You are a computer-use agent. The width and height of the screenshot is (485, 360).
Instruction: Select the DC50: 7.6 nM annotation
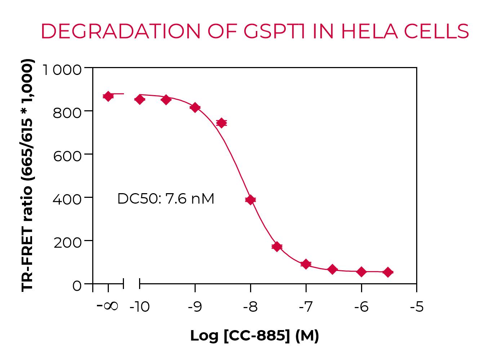pyautogui.click(x=166, y=199)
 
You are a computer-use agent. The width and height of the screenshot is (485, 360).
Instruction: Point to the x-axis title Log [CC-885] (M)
pyautogui.click(x=254, y=335)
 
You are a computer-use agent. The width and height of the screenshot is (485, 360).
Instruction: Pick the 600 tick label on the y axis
pyautogui.click(x=67, y=156)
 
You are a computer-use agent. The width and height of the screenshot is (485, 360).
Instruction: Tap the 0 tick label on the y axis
pyautogui.click(x=77, y=286)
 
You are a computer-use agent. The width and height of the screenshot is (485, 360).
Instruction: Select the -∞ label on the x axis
pyautogui.click(x=108, y=306)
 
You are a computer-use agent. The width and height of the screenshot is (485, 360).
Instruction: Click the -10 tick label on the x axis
pyautogui.click(x=139, y=307)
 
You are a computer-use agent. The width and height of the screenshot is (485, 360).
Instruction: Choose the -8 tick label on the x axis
pyautogui.click(x=250, y=307)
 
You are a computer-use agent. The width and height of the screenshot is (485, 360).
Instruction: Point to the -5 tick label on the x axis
pyautogui.click(x=417, y=307)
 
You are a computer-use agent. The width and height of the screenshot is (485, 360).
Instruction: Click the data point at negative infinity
pyautogui.click(x=108, y=96)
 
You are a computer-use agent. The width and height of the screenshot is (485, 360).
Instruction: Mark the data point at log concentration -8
pyautogui.click(x=250, y=200)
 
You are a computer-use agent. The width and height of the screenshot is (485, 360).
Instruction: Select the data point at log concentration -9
pyautogui.click(x=195, y=107)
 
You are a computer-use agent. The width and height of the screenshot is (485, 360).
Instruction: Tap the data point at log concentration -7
pyautogui.click(x=306, y=264)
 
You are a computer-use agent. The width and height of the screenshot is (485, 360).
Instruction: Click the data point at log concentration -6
pyautogui.click(x=361, y=272)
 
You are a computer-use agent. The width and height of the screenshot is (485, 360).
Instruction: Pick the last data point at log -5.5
pyautogui.click(x=388, y=272)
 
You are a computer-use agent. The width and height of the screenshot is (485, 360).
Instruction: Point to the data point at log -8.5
pyautogui.click(x=222, y=123)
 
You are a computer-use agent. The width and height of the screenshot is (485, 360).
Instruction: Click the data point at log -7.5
pyautogui.click(x=277, y=246)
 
